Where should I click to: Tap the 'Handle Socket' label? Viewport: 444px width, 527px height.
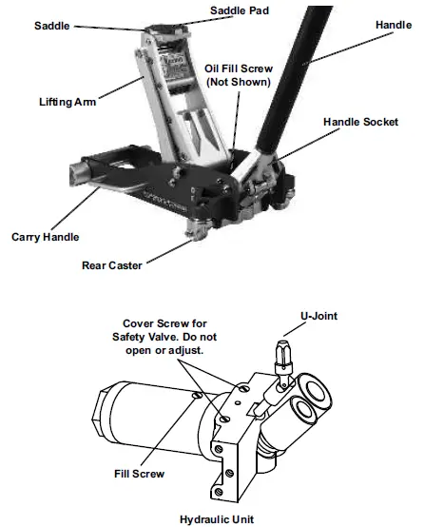[360, 123]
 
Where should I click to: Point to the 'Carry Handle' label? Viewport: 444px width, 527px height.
[47, 235]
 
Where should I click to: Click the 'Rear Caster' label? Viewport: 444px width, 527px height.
[112, 265]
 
